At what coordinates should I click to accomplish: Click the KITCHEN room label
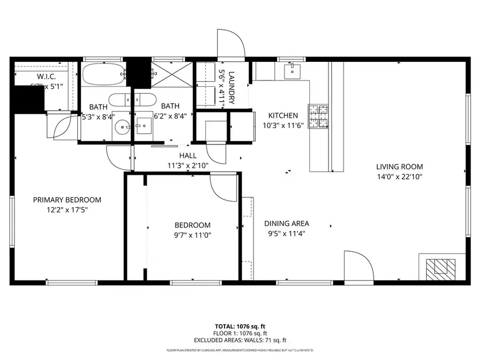tap(283, 115)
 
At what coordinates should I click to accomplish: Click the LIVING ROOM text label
tap(399, 167)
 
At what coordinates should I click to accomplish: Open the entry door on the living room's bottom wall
tap(357, 265)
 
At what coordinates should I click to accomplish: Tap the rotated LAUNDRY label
tap(231, 88)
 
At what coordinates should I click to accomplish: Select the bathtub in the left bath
tap(103, 75)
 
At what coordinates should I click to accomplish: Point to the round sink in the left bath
tap(123, 127)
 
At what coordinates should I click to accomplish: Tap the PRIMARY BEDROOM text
tap(67, 200)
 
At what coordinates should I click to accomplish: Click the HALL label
tap(188, 156)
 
